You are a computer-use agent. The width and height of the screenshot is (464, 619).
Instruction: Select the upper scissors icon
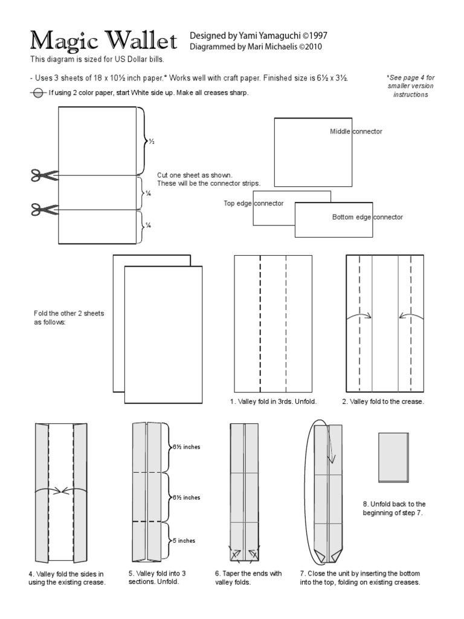pyautogui.click(x=44, y=175)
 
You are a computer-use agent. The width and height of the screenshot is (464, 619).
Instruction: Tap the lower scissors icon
pyautogui.click(x=44, y=209)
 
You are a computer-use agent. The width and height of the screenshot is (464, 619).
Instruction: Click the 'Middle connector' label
pyautogui.click(x=356, y=131)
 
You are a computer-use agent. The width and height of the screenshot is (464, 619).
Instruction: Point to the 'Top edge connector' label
pyautogui.click(x=253, y=204)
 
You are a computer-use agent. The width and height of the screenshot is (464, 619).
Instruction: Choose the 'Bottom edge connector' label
pyautogui.click(x=367, y=217)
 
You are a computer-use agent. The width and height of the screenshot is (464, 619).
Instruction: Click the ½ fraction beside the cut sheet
pyautogui.click(x=152, y=141)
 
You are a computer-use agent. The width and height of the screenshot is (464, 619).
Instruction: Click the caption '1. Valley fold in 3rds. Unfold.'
pyautogui.click(x=272, y=401)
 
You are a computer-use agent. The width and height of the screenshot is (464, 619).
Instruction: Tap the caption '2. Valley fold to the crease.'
pyautogui.click(x=383, y=401)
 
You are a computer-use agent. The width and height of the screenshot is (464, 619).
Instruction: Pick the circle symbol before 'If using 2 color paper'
pyautogui.click(x=37, y=92)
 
